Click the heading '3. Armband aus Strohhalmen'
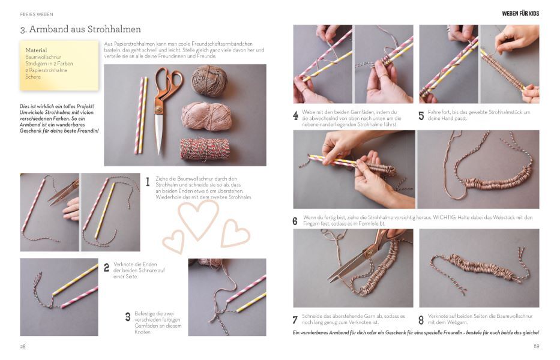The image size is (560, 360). [x=80, y=29]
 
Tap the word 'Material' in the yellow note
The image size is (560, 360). [x=36, y=50]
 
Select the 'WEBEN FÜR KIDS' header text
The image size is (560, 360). [x=520, y=14]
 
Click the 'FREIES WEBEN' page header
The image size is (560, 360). [x=37, y=14]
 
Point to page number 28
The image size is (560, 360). [x=23, y=346]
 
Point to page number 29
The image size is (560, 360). [x=537, y=346]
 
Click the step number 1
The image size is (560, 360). [x=148, y=182]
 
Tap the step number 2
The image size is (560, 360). [x=106, y=268]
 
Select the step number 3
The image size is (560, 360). [x=128, y=317]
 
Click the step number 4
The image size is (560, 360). [x=295, y=115]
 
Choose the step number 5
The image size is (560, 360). [x=421, y=115]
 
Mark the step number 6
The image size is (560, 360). [x=295, y=221]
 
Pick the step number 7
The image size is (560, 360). [x=295, y=320]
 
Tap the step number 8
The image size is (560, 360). [x=421, y=320]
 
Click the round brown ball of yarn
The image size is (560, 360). [x=209, y=81]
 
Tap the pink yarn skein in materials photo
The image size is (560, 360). [x=206, y=116]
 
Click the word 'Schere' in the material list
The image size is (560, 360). [x=33, y=77]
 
